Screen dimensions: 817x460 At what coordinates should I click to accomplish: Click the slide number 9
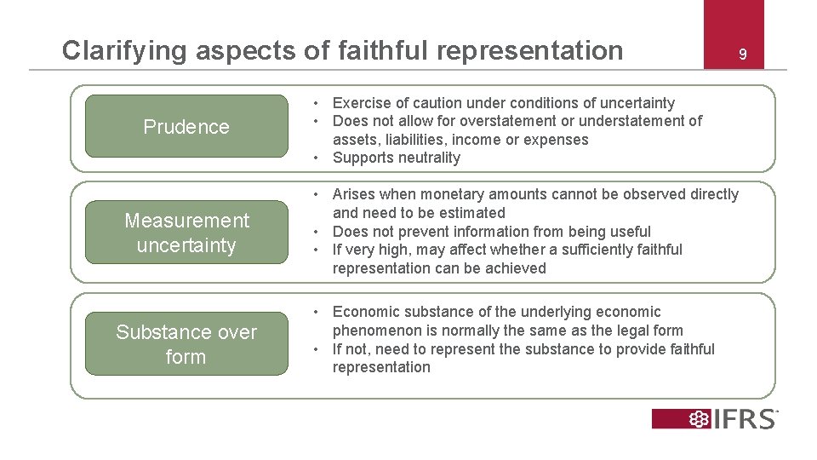pyautogui.click(x=742, y=55)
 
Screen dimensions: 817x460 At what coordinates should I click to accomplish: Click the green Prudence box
pyautogui.click(x=186, y=126)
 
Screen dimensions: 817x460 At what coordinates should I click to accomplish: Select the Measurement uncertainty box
pyautogui.click(x=186, y=233)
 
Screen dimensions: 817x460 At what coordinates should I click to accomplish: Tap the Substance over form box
pyautogui.click(x=186, y=344)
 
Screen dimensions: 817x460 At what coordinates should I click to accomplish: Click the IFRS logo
pyautogui.click(x=715, y=418)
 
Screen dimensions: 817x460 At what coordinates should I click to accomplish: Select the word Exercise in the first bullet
pyautogui.click(x=362, y=103)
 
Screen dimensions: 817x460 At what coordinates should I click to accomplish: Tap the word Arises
pyautogui.click(x=355, y=194)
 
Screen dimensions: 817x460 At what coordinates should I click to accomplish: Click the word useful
pyautogui.click(x=629, y=232)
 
